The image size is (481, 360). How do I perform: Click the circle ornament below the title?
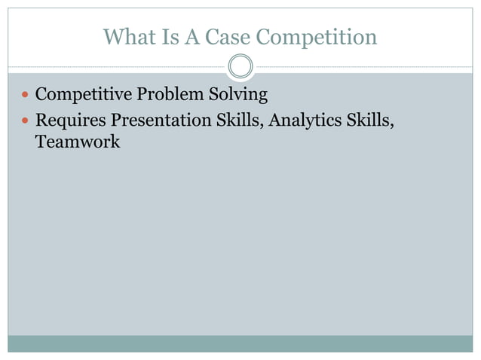240,67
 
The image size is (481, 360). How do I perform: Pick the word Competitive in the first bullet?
84,96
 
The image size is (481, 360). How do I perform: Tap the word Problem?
165,96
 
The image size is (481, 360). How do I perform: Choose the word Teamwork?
78,142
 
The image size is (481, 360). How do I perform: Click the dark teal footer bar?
240,343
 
